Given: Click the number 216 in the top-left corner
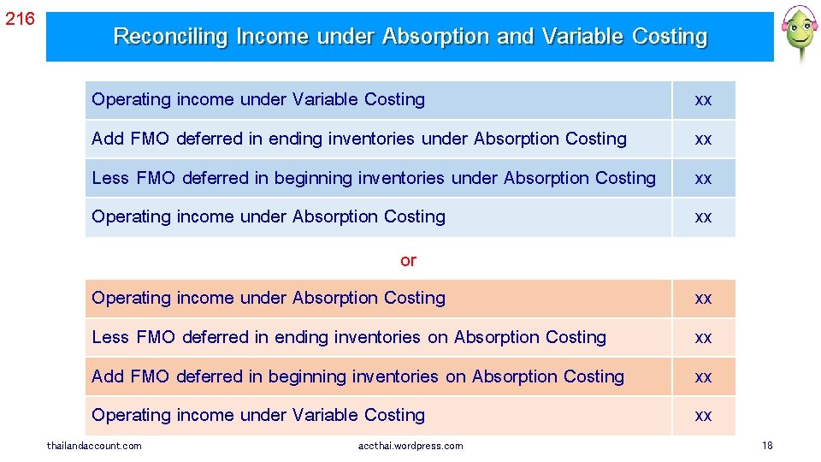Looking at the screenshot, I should pos(20,17).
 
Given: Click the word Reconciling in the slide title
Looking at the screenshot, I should pos(170,37).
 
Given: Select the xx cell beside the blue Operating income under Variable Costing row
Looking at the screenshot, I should pos(703,100).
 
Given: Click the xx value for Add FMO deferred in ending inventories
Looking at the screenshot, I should pos(703,139).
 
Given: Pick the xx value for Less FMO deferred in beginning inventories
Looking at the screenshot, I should pos(703,179).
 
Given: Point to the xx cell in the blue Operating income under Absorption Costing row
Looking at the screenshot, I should pos(703,217).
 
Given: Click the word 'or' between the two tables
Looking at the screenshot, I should pos(408,260).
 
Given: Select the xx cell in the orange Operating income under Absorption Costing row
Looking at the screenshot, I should pos(703,299).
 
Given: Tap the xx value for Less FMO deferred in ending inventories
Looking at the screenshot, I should pos(703,338).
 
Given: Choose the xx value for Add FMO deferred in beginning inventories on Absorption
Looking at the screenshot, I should pos(703,377).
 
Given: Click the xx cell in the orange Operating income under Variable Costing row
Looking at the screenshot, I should pos(703,416).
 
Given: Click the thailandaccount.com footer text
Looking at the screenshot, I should pos(94,446).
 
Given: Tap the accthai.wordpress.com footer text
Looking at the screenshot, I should pos(410,446).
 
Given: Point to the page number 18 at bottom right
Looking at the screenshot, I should pos(767,446).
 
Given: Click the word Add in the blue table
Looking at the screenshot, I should pos(108,139).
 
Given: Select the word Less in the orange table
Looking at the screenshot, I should pos(110,337).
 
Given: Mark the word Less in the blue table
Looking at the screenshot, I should pos(110,178).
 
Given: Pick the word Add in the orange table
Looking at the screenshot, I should pos(108,376).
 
